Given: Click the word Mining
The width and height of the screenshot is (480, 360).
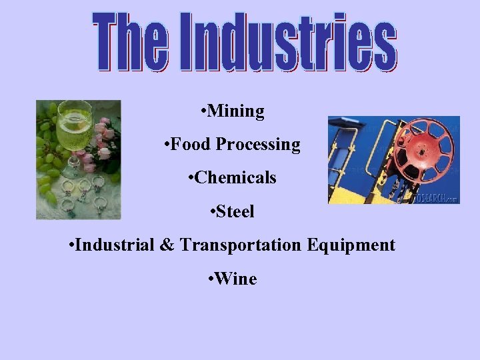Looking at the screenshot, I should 236,111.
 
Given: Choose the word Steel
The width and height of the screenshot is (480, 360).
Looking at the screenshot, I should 235,211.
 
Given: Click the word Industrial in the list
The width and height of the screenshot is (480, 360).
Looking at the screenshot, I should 115,245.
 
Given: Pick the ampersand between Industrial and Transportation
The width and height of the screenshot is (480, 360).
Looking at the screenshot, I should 166,245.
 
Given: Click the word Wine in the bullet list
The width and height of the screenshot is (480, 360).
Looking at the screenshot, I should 236,279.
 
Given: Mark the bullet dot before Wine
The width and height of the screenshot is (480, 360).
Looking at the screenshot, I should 210,279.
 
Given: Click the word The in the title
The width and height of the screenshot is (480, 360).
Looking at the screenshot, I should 130,41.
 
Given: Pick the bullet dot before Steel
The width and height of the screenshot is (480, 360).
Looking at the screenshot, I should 211,212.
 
